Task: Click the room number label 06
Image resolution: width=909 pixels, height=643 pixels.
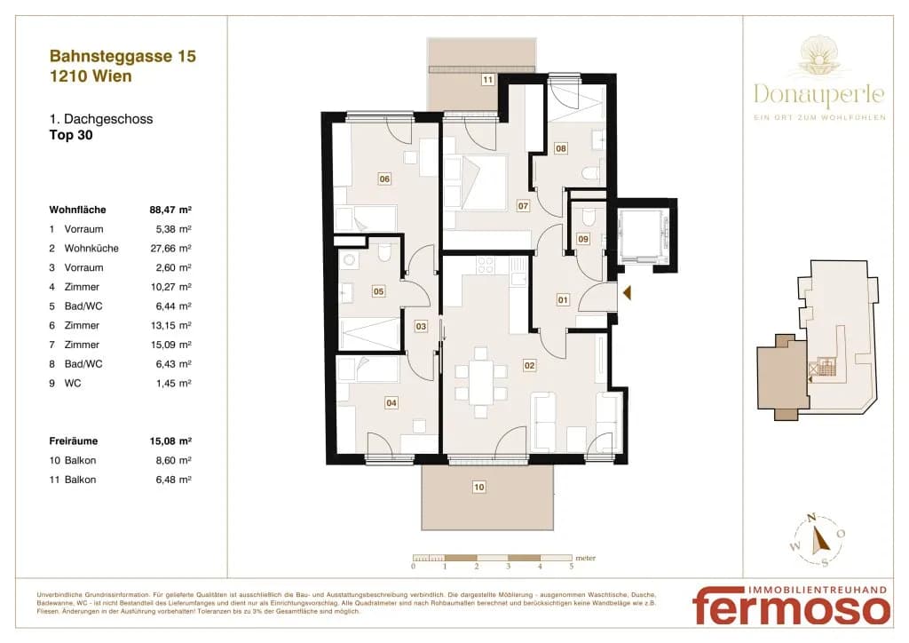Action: (x=384, y=179)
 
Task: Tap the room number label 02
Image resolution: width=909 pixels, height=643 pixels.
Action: (x=529, y=365)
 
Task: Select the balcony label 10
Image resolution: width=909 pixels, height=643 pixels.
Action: (x=478, y=487)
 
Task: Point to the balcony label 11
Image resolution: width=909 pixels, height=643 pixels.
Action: (x=487, y=79)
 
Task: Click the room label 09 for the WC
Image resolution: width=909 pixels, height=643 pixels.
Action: (x=583, y=238)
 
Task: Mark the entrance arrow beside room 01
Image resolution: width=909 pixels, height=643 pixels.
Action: (x=627, y=293)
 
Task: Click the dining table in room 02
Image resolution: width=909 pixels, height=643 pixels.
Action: (x=480, y=382)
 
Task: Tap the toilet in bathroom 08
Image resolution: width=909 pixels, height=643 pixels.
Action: (x=590, y=173)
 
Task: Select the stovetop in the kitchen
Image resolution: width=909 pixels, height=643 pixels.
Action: (x=486, y=266)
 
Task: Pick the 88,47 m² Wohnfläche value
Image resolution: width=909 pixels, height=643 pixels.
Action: (x=170, y=210)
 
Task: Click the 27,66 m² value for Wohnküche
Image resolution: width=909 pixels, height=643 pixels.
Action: (x=170, y=248)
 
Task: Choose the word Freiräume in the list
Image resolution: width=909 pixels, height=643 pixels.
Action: (x=74, y=441)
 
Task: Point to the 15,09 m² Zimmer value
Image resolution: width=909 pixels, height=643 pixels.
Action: (x=171, y=345)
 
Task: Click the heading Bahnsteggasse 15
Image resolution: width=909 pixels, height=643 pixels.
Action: (x=123, y=56)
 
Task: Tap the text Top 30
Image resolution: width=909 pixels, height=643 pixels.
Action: (x=71, y=135)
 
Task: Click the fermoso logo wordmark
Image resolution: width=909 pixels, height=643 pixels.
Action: (x=792, y=607)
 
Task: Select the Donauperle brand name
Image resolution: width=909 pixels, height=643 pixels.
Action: (x=819, y=94)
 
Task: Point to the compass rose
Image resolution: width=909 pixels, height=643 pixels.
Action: (x=818, y=540)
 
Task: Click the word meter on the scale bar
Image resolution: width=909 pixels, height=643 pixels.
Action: (x=586, y=559)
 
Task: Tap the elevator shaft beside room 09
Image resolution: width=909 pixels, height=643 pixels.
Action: (x=644, y=236)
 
